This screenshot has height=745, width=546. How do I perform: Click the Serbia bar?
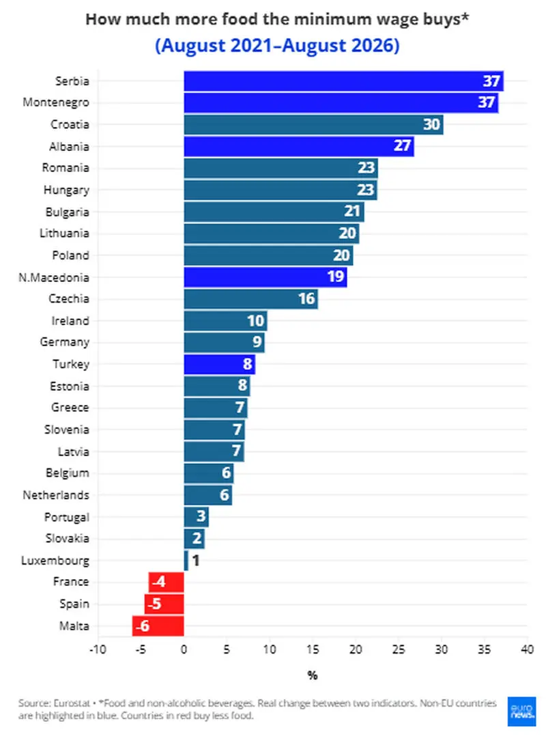click(344, 81)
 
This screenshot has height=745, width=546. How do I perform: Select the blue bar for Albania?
click(299, 146)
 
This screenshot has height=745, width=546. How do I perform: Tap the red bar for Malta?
click(158, 625)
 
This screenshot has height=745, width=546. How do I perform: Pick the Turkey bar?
click(220, 365)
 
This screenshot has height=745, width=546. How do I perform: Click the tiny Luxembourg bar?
click(186, 561)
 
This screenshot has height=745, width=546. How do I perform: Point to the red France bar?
click(166, 582)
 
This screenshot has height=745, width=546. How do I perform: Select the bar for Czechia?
click(251, 299)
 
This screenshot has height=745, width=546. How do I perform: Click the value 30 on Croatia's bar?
click(431, 124)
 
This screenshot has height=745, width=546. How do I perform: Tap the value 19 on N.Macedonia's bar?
click(336, 277)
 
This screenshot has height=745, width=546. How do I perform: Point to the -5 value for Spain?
click(154, 604)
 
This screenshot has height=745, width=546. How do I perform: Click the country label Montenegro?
click(56, 102)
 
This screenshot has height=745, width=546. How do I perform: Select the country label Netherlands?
click(56, 495)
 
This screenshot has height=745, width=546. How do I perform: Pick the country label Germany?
click(65, 342)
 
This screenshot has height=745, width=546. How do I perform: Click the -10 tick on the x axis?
click(98, 649)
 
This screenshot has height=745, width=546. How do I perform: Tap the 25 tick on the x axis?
click(399, 649)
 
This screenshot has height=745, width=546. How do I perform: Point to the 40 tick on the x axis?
click(527, 649)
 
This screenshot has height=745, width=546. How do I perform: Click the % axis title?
click(313, 675)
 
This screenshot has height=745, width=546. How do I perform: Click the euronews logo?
click(522, 712)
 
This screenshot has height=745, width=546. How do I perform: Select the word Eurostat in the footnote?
click(71, 703)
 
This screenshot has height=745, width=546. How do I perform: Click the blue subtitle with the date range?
click(277, 46)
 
